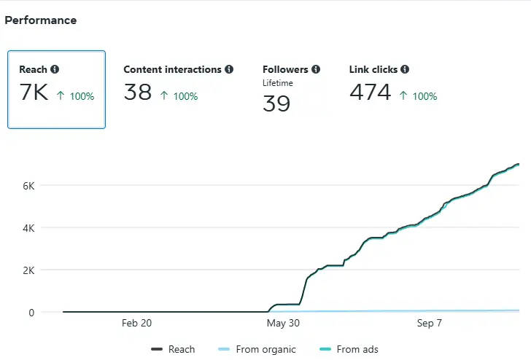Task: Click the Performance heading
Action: click(41, 20)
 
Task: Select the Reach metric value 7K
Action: click(34, 93)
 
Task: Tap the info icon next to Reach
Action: click(55, 70)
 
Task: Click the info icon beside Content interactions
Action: click(229, 70)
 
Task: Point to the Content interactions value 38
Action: click(138, 93)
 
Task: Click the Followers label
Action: click(285, 70)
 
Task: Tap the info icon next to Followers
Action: click(316, 70)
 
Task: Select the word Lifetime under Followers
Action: click(278, 83)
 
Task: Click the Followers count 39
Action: click(276, 103)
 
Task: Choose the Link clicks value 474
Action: click(371, 93)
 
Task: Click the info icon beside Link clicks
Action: click(405, 70)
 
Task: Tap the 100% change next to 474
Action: click(420, 96)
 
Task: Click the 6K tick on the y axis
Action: click(28, 186)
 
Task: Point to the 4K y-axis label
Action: click(28, 228)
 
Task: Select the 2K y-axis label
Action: click(28, 270)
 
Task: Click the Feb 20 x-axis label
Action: click(136, 323)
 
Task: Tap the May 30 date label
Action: click(283, 323)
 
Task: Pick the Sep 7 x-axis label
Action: click(429, 323)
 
